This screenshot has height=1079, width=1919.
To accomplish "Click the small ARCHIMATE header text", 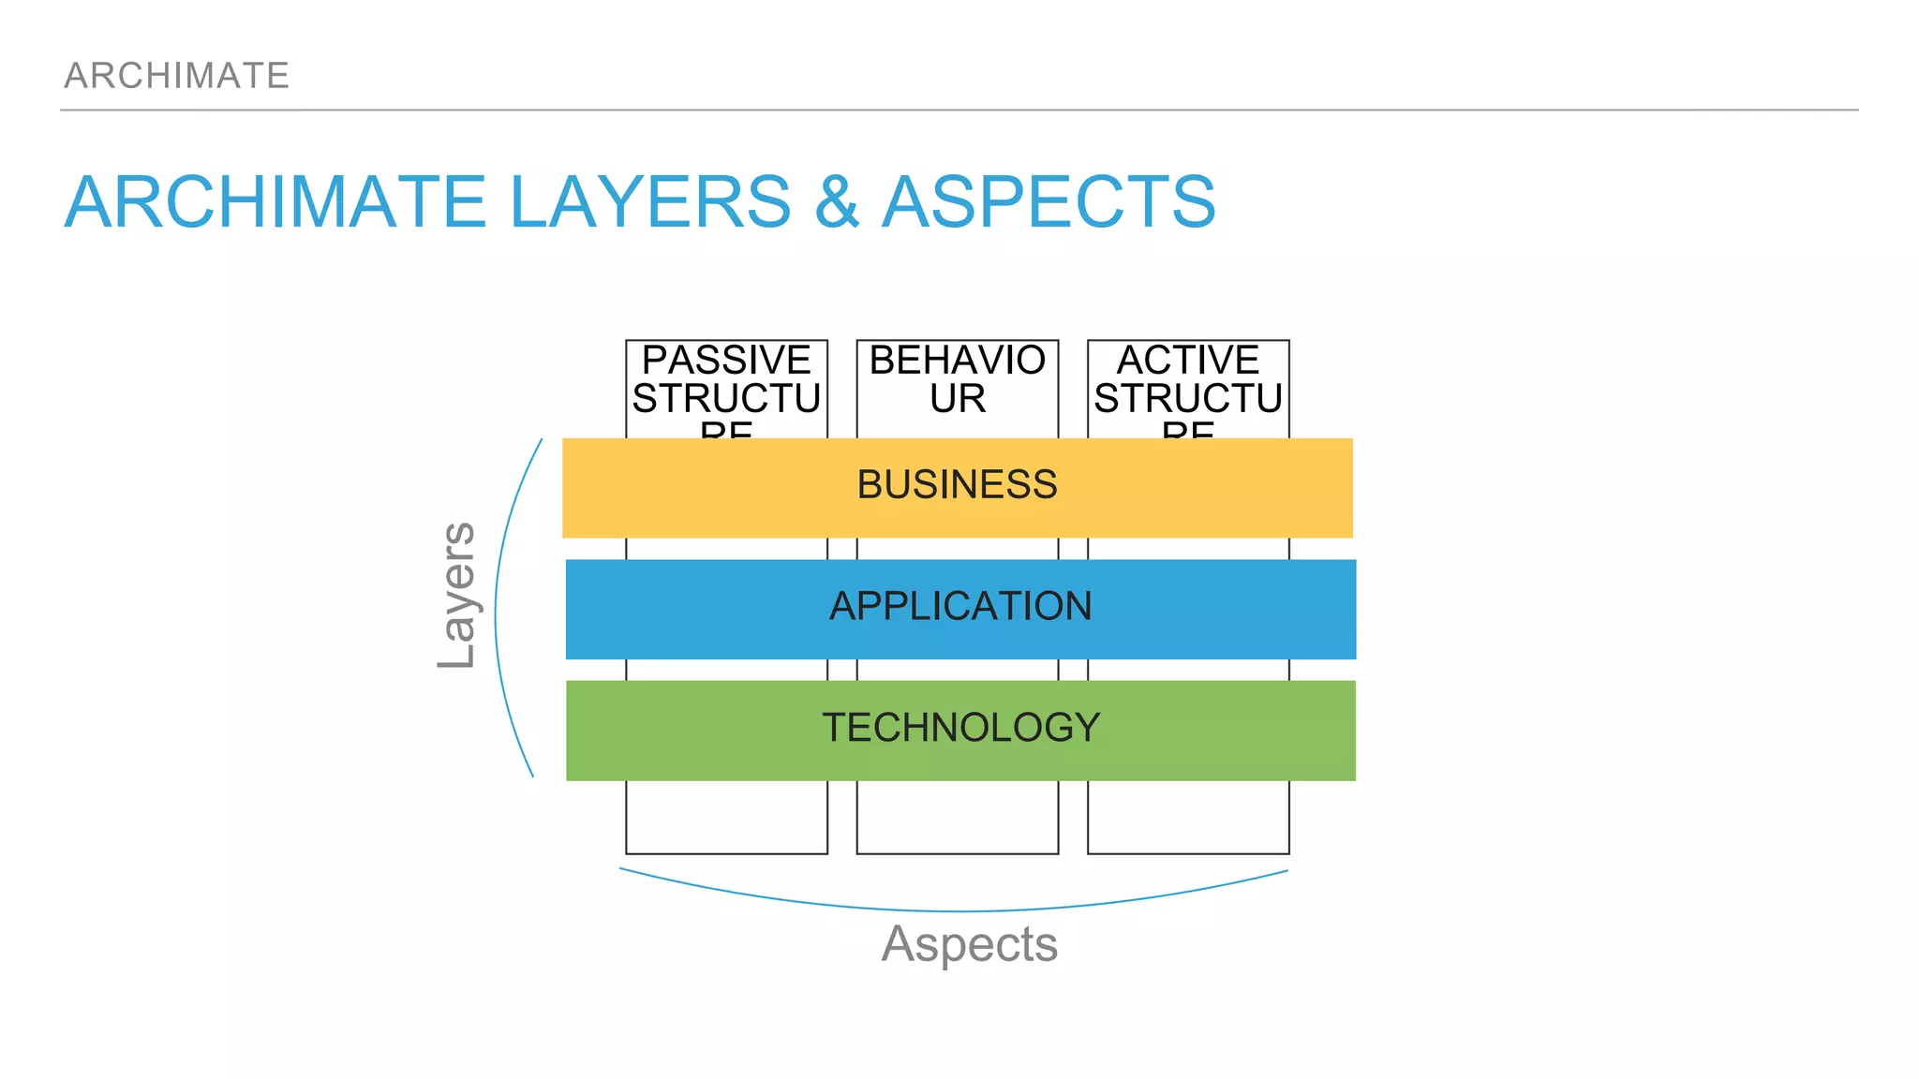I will [176, 76].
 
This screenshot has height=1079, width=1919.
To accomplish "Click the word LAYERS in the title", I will [650, 202].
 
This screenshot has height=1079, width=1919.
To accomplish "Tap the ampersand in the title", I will [836, 202].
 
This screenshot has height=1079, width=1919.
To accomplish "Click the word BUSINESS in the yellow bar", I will [957, 485].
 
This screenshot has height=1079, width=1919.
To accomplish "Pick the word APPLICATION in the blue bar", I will [960, 607].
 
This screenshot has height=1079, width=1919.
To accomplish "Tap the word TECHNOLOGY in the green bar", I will [960, 728].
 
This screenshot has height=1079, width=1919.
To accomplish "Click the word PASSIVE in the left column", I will [726, 361].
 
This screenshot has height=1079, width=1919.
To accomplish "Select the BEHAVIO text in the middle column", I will [957, 361].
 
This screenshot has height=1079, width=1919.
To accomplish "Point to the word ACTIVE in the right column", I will [1188, 361].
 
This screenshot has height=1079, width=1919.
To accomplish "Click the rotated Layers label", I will [457, 596].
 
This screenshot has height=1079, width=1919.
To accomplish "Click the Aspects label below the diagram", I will [969, 943].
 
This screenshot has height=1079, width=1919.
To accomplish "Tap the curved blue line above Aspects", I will [956, 910].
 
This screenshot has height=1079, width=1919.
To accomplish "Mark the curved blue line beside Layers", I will [496, 609].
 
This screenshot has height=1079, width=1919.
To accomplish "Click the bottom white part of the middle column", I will [957, 817].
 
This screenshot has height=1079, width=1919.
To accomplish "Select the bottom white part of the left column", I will [726, 817].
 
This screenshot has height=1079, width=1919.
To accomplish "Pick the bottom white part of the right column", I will [1188, 817].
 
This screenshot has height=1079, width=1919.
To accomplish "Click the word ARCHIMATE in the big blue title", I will [275, 202].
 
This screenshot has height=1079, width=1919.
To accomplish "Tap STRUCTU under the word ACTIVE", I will [1188, 399].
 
